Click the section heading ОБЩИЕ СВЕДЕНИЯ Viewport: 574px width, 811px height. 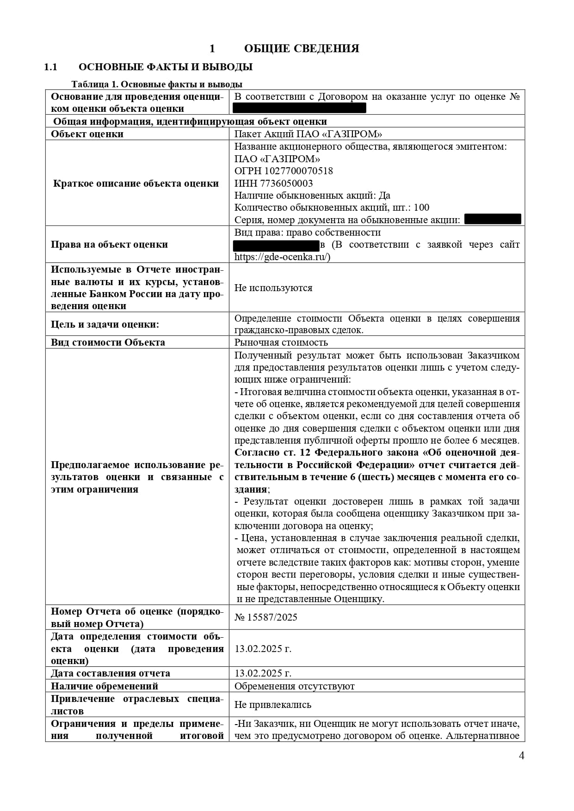tap(301, 49)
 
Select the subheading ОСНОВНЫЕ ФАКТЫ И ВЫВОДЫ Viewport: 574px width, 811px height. tap(166, 67)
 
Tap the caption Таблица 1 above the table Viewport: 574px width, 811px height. tap(157, 84)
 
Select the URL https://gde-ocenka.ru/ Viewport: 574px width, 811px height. tap(282, 257)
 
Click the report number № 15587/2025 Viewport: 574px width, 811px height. tap(266, 617)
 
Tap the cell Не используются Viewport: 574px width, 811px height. tap(273, 288)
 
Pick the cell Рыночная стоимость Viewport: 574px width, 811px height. tap(281, 342)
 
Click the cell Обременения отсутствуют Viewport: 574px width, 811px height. tap(295, 686)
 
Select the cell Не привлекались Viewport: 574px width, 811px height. tap(273, 705)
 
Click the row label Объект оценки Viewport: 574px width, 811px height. tap(87, 134)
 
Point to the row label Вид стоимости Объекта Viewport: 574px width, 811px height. tap(108, 342)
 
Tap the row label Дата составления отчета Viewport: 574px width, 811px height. tap(111, 673)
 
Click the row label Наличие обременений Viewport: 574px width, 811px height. tap(105, 686)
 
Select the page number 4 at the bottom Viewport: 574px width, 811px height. tap(522, 756)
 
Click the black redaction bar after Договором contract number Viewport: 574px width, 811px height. tap(299, 108)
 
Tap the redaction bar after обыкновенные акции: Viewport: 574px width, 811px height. tap(492, 219)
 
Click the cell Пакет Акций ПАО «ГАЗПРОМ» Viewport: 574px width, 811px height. tap(309, 134)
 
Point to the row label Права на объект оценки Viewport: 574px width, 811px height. tap(109, 244)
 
